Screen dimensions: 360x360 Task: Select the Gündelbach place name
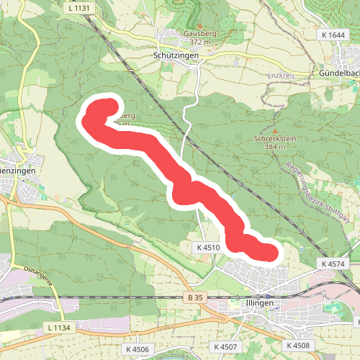click(339, 73)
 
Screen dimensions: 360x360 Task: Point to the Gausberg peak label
click(180, 33)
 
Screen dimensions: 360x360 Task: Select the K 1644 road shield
click(332, 35)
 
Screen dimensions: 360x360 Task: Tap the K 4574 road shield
click(333, 264)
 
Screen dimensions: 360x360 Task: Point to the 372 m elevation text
click(180, 42)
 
